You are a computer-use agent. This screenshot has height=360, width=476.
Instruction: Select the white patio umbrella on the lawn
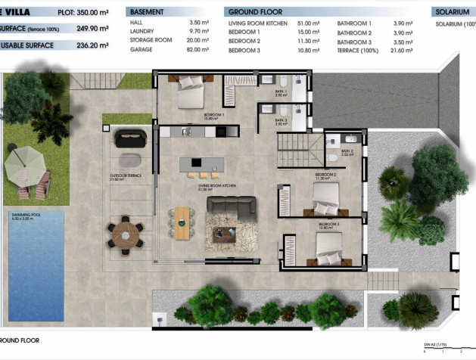pyautogui.click(x=22, y=160)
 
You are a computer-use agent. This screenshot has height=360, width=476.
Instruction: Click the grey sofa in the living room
pyautogui.click(x=230, y=207)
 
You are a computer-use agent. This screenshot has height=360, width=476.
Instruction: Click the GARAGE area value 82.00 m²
pyautogui.click(x=198, y=49)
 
